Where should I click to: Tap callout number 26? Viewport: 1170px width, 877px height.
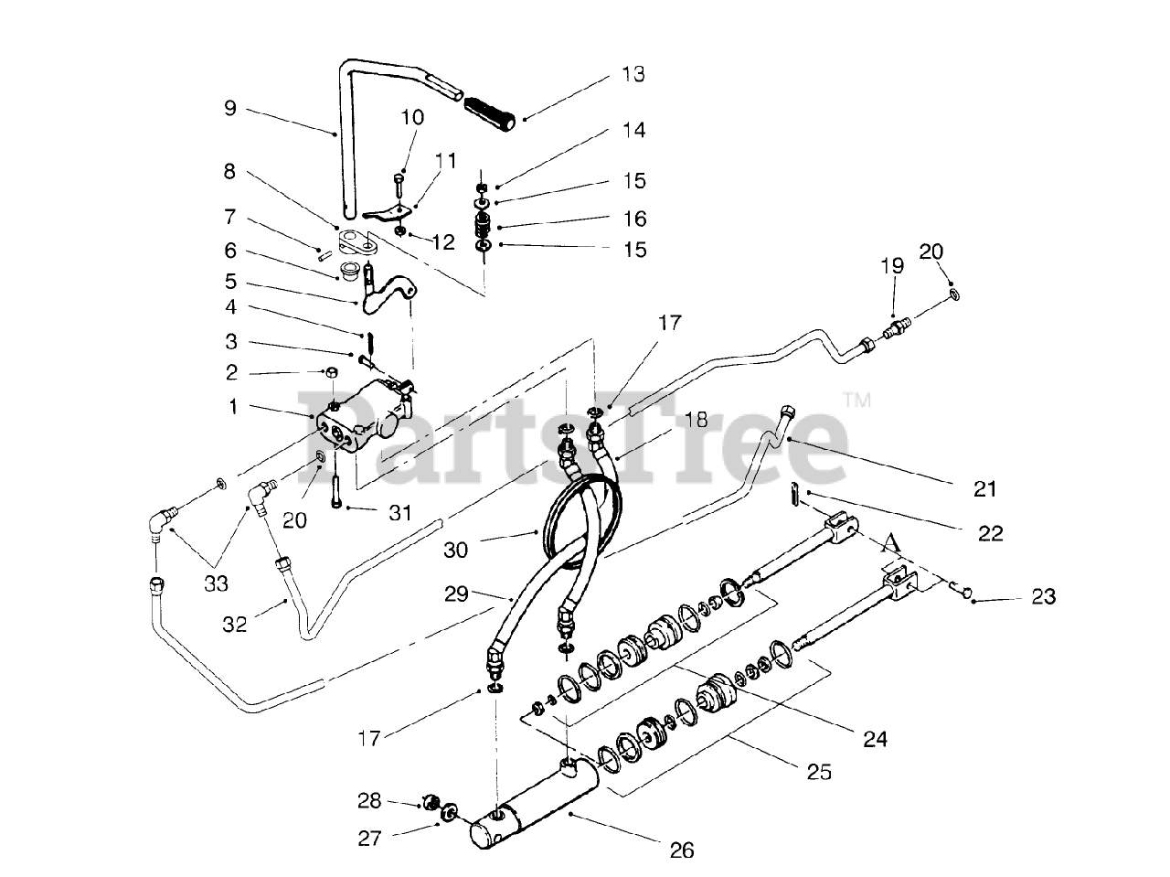coord(682,850)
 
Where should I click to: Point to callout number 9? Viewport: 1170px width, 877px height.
coord(229,109)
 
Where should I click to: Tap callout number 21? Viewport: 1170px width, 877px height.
coord(984,489)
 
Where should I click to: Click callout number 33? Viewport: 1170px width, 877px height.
coord(216,583)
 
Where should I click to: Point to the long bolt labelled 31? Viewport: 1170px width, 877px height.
coord(337,487)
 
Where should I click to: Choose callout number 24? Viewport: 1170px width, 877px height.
coord(875,737)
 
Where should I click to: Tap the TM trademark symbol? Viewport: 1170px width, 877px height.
coord(856,400)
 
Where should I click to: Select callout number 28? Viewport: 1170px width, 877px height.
coord(368,802)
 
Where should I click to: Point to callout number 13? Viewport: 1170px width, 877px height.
coord(633,74)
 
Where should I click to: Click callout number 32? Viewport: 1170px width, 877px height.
coord(235,625)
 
